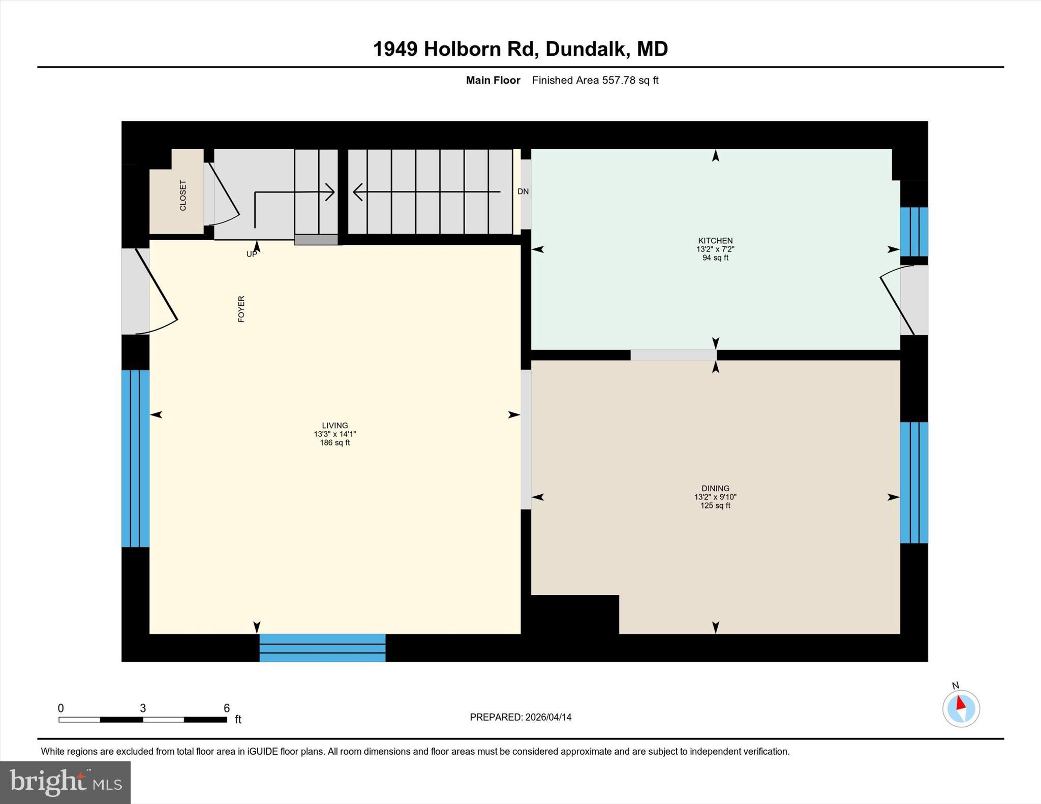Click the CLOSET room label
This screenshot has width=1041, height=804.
click(183, 195)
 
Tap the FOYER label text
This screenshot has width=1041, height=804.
click(241, 309)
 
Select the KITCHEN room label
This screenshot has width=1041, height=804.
click(715, 241)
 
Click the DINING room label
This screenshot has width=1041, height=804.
click(715, 488)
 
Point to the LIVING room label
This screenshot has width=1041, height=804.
click(335, 426)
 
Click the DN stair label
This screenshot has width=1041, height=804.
click(523, 191)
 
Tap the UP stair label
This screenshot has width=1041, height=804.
click(252, 254)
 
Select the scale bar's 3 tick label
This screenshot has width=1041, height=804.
click(143, 708)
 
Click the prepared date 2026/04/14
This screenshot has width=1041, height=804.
click(548, 717)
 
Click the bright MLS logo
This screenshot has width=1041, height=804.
click(65, 782)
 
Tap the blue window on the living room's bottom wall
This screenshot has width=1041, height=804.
click(322, 648)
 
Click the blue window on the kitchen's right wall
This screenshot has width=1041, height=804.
click(914, 231)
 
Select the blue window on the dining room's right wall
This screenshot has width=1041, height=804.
click(914, 483)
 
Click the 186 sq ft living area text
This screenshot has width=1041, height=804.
click(335, 443)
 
